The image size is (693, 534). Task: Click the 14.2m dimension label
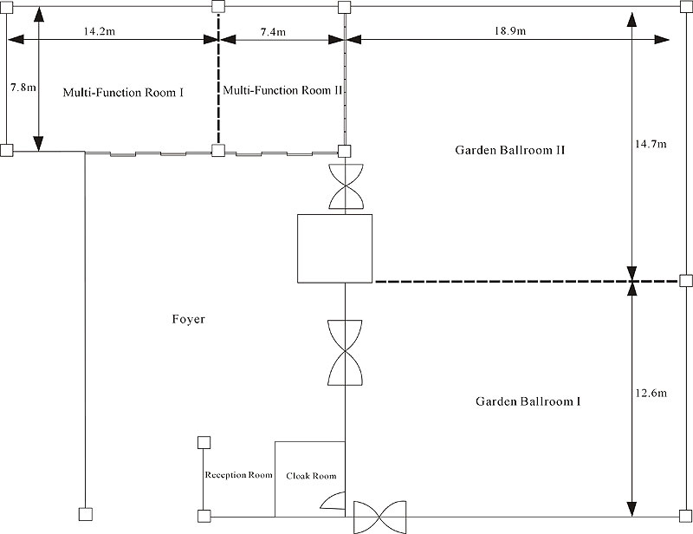[x=99, y=31]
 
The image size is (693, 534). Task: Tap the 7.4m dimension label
[x=273, y=32]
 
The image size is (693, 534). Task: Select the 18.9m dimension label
[x=510, y=31]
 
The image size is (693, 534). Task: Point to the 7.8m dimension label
[x=23, y=88]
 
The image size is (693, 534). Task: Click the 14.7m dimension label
[x=651, y=144]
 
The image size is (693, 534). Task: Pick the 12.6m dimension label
[x=651, y=393]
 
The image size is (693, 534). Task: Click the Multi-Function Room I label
[x=123, y=93]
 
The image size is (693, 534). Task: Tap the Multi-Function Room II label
[x=283, y=90]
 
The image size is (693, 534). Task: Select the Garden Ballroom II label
[x=510, y=150]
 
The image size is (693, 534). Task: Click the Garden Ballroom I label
[x=528, y=401]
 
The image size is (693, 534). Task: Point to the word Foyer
[x=188, y=319]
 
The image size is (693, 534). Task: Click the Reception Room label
[x=238, y=475]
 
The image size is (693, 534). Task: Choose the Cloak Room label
[x=311, y=476]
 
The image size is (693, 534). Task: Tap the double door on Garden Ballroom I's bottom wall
[x=380, y=517]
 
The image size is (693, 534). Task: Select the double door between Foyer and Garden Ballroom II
[x=346, y=186]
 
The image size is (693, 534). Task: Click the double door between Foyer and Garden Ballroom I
[x=345, y=352]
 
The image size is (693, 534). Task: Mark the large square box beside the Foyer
[x=334, y=248]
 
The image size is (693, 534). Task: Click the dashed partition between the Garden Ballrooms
[x=527, y=281]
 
